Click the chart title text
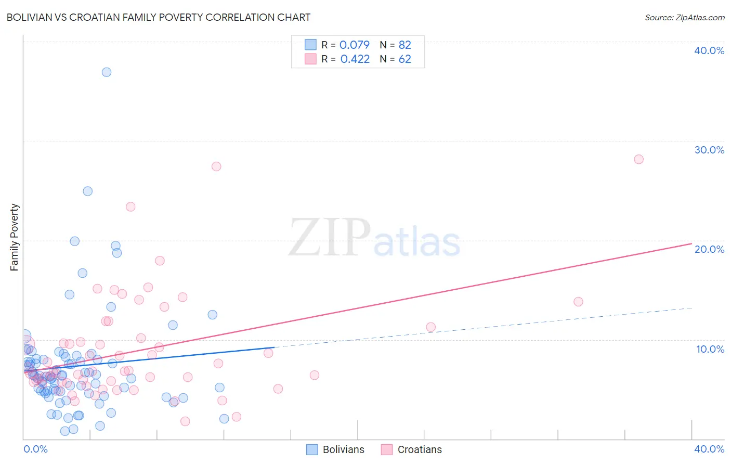(159, 17)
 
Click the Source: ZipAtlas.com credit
(684, 17)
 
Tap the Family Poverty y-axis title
(15, 237)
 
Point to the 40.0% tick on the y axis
(709, 50)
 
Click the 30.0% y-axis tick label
(709, 150)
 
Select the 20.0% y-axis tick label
(709, 249)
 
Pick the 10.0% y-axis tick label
(710, 349)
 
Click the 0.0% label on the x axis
(35, 449)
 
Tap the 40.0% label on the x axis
(709, 449)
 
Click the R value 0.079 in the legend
(355, 45)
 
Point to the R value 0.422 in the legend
(355, 59)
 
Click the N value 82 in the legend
(404, 45)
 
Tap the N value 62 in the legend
(404, 59)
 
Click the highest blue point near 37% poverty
(107, 72)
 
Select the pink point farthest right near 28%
(638, 159)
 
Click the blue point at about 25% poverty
(88, 191)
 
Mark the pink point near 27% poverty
(216, 166)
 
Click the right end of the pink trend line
(691, 243)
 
